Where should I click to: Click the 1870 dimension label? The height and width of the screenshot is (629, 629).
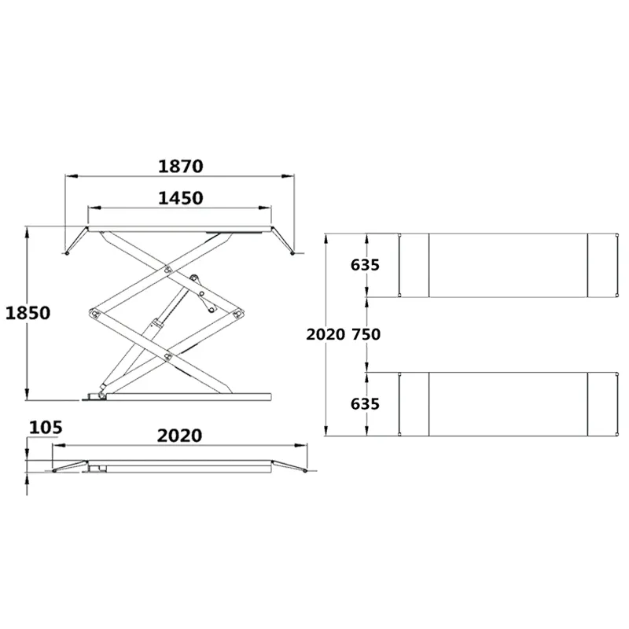pos(181,166)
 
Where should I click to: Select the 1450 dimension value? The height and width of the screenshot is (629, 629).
pos(181,198)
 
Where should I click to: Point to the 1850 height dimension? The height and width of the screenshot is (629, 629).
pos(28,313)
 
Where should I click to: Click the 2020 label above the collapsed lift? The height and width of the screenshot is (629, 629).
pos(179,435)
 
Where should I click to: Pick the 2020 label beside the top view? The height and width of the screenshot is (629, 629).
pos(326,334)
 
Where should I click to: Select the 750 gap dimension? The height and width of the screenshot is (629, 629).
pos(366,334)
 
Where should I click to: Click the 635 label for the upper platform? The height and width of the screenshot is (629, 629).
pos(366,265)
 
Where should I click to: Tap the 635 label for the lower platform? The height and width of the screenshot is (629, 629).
pos(366,403)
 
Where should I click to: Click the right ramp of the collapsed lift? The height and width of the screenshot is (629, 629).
pos(287,467)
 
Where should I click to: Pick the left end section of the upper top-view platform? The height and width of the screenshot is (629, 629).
pos(414,265)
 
